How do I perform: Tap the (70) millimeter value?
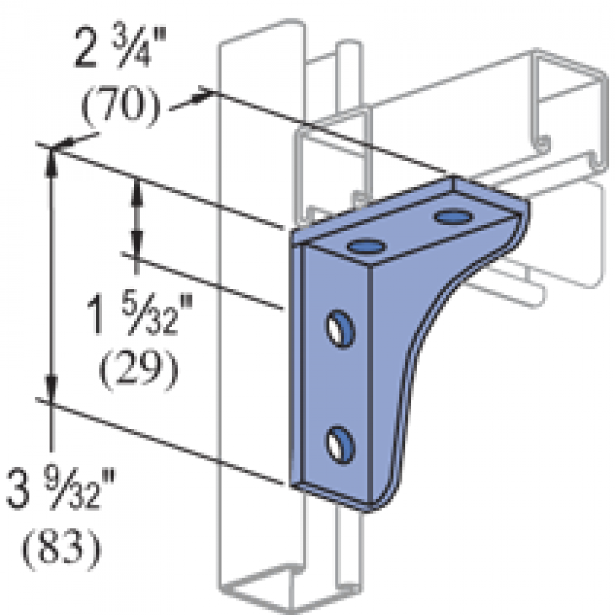point(119,105)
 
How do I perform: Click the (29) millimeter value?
point(137,371)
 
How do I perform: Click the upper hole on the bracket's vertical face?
point(339,326)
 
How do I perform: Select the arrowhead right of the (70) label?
point(202,96)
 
